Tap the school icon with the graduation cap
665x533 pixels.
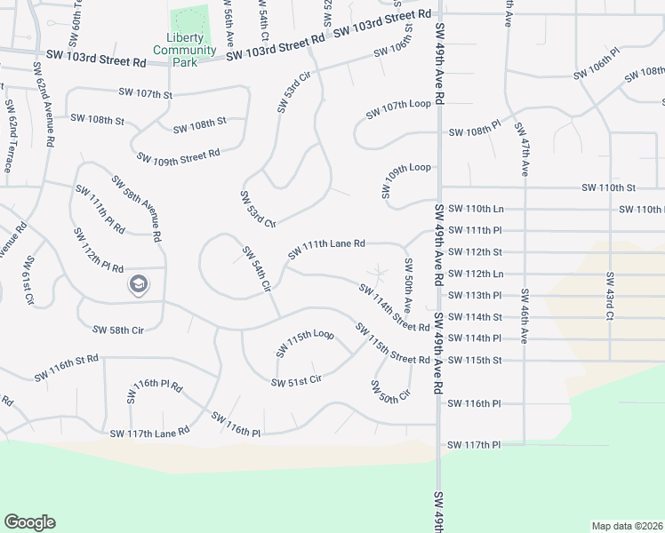coord(138,285)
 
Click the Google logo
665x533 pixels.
coord(29,522)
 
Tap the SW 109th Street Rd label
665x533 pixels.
coord(178,156)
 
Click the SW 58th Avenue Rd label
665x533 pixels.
coord(136,209)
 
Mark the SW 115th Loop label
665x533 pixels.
coord(304,343)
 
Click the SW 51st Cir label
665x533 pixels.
coord(296,380)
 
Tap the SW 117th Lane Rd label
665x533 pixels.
coord(149,433)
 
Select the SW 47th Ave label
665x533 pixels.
coord(520,150)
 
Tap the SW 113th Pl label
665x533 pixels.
coord(476,295)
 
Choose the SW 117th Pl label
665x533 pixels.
coord(475,444)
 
